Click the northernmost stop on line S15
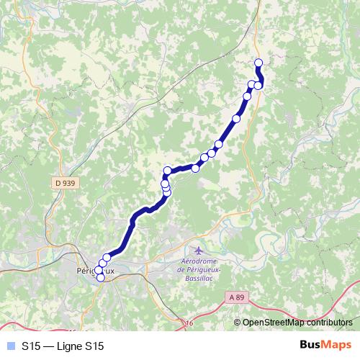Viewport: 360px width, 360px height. click(x=258, y=62)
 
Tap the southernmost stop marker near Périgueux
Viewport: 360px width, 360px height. click(x=100, y=277)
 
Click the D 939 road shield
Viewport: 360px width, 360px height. click(x=64, y=183)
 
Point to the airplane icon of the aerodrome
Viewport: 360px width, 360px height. click(x=199, y=250)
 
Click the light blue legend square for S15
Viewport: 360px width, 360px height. click(x=9, y=346)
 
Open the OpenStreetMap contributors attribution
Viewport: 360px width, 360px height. click(x=297, y=322)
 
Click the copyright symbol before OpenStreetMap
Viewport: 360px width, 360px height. click(x=238, y=322)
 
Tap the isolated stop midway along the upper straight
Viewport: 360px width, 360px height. click(x=236, y=118)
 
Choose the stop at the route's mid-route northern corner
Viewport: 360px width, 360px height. click(x=168, y=171)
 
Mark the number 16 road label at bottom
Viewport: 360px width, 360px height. click(x=189, y=324)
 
